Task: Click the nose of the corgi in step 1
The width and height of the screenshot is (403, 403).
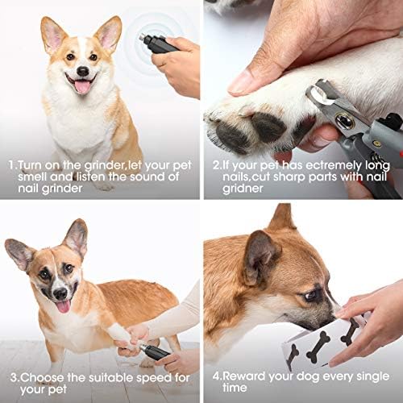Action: (x=83, y=71)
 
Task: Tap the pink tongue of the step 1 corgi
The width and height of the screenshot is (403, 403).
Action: (x=82, y=86)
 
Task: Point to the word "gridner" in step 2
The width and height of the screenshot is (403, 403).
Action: (x=243, y=189)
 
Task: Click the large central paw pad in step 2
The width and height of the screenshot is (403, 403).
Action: (x=268, y=127)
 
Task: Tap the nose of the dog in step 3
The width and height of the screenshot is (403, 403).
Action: (x=60, y=293)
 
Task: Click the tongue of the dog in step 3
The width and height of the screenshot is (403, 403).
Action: (x=64, y=306)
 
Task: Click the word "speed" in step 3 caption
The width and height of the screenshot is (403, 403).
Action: (x=154, y=379)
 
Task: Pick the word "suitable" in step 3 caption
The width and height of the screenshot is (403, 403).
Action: (x=111, y=378)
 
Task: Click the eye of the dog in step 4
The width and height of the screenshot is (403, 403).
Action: (x=311, y=296)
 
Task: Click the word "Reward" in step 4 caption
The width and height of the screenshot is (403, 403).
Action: (x=244, y=376)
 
